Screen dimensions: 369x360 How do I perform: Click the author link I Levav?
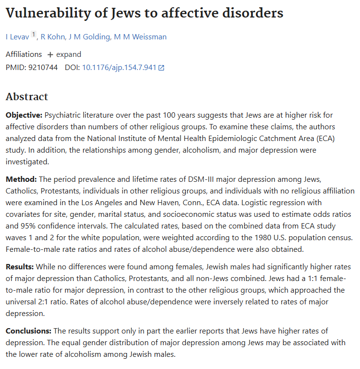coord(18,37)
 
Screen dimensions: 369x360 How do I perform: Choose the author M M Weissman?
coord(140,37)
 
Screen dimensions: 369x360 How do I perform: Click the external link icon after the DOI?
coord(162,68)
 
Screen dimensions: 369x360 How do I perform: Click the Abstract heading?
coord(27,97)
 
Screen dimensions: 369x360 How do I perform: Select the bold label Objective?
coord(24,115)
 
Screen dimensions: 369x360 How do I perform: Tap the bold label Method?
coord(21,179)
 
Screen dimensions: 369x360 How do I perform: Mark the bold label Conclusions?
coord(29,331)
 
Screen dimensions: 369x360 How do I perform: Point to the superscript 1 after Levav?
coord(34,35)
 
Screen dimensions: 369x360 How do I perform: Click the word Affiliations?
coord(24,54)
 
